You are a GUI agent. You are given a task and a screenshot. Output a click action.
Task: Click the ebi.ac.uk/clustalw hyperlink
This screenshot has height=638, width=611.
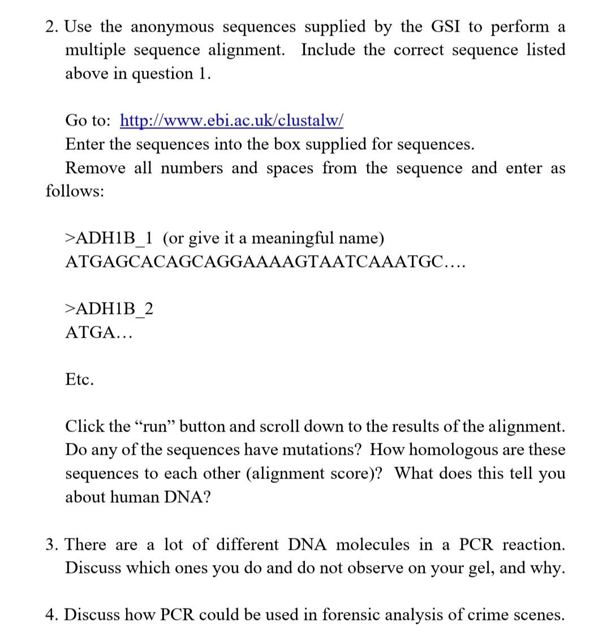pyautogui.click(x=231, y=120)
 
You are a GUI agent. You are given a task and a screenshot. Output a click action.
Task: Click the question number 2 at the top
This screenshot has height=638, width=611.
pyautogui.click(x=52, y=27)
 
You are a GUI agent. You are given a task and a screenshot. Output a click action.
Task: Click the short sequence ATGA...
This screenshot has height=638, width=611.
pyautogui.click(x=98, y=333)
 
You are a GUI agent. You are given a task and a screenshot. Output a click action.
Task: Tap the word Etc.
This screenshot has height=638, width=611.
pyautogui.click(x=80, y=380)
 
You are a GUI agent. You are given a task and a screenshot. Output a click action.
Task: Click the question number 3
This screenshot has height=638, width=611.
pyautogui.click(x=52, y=545)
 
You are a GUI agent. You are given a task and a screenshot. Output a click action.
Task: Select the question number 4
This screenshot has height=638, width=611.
pyautogui.click(x=52, y=615)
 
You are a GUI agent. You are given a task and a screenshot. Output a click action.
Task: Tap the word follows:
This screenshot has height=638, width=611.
pyautogui.click(x=75, y=191)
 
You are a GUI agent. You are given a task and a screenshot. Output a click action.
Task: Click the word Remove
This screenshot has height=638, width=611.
pyautogui.click(x=95, y=168)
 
